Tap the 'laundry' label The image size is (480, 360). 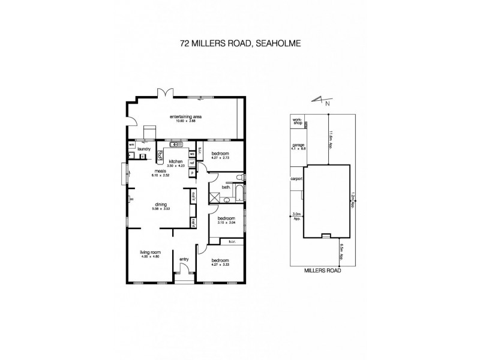tap(143, 149)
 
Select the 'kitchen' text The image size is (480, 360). tap(175, 162)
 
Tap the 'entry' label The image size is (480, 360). tap(184, 260)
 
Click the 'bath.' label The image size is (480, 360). tap(226, 187)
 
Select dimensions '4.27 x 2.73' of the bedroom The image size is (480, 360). tap(220, 158)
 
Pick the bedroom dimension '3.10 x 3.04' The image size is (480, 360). tap(226, 221)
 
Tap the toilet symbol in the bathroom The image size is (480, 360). tap(239, 177)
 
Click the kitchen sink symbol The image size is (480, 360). tap(176, 145)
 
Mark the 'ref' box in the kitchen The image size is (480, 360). tap(191, 162)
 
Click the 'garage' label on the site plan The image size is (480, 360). tap(296, 145)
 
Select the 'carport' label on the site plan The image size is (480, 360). tap(295, 179)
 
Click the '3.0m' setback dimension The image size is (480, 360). tap(296, 214)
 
